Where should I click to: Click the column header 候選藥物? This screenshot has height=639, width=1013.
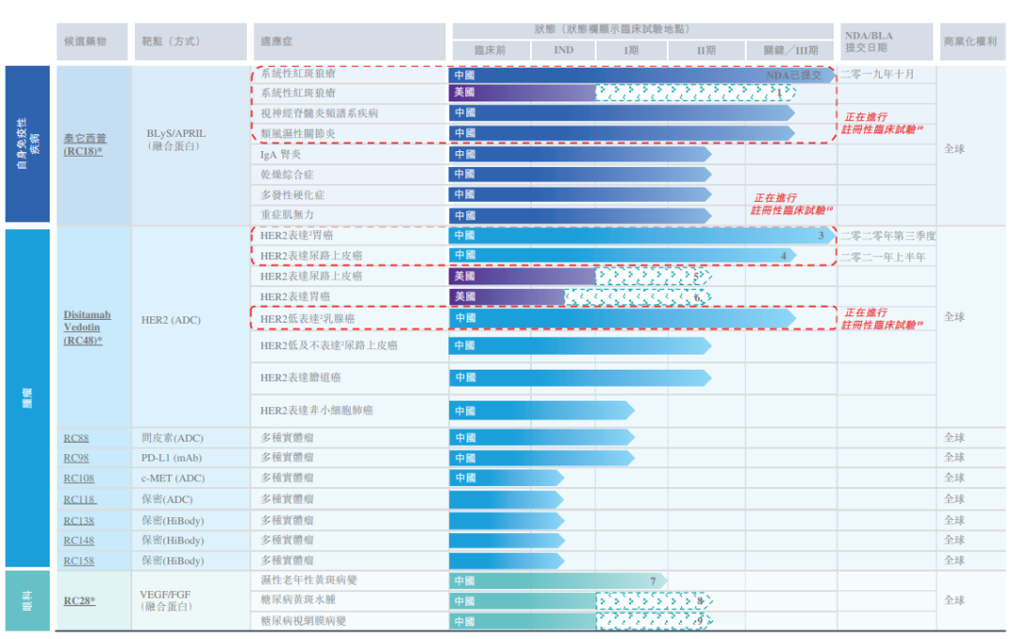(x=83, y=42)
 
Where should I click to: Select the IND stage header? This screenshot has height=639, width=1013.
(x=563, y=51)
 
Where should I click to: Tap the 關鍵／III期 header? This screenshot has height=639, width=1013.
(x=789, y=51)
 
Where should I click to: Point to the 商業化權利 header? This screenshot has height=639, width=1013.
(x=970, y=42)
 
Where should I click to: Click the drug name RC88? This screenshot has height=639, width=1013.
(x=76, y=438)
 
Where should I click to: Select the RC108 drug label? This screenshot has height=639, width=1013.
(x=79, y=479)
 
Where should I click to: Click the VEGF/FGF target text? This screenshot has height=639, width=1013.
(x=166, y=594)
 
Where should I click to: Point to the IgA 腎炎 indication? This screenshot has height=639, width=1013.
(x=280, y=154)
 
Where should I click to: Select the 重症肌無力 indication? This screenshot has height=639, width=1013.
(x=286, y=215)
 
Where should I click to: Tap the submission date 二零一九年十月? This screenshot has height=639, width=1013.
(x=876, y=74)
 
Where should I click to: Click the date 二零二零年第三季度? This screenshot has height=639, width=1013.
(x=887, y=236)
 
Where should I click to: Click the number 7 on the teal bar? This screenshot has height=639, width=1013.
(x=653, y=581)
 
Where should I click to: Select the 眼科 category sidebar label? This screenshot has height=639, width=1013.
(x=27, y=600)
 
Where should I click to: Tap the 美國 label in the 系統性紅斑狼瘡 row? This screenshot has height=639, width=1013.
(x=464, y=93)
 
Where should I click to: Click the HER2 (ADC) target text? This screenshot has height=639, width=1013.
(x=171, y=321)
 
